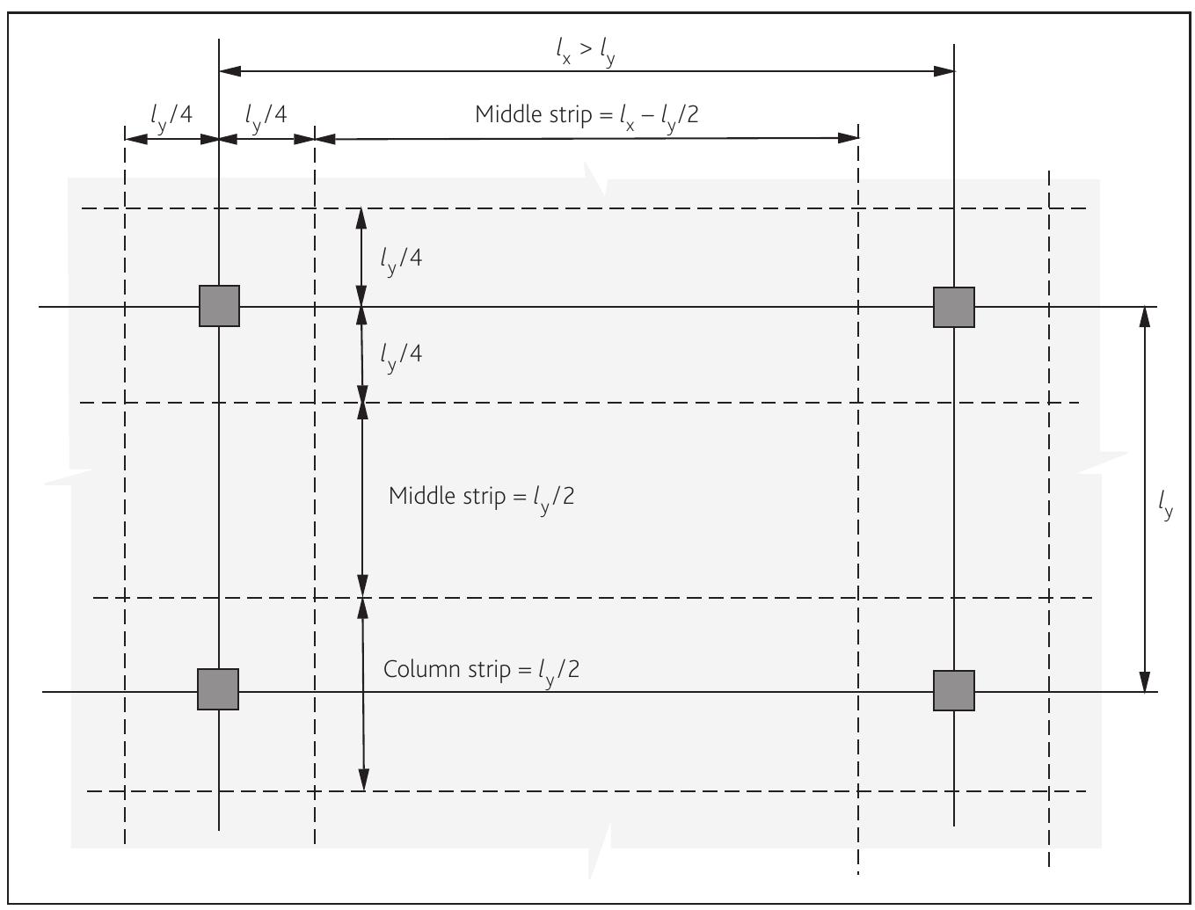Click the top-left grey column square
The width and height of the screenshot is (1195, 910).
click(x=219, y=306)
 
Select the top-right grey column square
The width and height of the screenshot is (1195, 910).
click(x=954, y=307)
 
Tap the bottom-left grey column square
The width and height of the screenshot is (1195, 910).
click(x=218, y=689)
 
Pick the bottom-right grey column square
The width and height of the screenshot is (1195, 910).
click(x=954, y=690)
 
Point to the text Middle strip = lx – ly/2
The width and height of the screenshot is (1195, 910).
click(x=587, y=115)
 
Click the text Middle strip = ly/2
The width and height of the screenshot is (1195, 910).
click(x=481, y=497)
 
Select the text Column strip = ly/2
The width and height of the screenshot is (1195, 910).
click(x=481, y=670)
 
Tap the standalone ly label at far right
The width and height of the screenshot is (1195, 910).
click(x=1165, y=505)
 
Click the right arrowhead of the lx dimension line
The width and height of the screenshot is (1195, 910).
click(x=944, y=70)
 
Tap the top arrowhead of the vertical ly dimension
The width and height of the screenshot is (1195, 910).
click(x=1144, y=317)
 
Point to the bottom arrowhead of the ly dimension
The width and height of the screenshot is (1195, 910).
click(x=1144, y=681)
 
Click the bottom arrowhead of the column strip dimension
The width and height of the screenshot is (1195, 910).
click(x=364, y=780)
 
